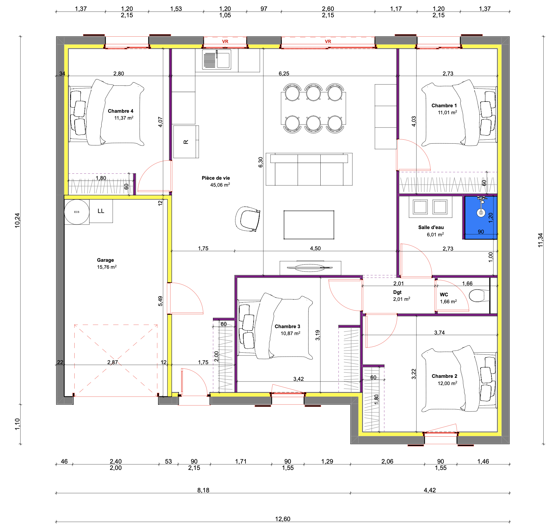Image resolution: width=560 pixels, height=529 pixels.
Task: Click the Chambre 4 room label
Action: point(120,111)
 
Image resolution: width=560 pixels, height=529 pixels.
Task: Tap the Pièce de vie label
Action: point(216,178)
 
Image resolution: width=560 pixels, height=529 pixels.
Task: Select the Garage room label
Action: point(105,260)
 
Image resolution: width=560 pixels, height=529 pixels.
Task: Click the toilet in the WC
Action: point(479,296)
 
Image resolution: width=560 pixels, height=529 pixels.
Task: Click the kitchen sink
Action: point(217,59)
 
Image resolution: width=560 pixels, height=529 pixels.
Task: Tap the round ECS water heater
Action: point(77,212)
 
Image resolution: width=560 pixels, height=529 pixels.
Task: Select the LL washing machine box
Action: point(101,211)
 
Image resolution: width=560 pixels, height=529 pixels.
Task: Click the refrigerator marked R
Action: point(186,141)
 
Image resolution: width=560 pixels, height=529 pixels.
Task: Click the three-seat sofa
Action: point(309,169)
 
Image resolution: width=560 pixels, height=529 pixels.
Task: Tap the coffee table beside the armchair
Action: point(309,225)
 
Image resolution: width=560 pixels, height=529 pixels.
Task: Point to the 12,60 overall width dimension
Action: point(283,519)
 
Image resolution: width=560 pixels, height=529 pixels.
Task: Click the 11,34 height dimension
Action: point(540,240)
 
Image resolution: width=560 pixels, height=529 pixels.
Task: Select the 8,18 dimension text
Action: point(203,490)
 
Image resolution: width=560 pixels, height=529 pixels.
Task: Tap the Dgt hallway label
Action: point(397,292)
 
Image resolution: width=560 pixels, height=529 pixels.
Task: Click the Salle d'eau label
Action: point(431,227)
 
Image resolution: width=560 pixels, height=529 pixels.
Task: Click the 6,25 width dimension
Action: point(284,73)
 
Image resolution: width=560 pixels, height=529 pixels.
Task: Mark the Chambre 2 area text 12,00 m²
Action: point(447,383)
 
